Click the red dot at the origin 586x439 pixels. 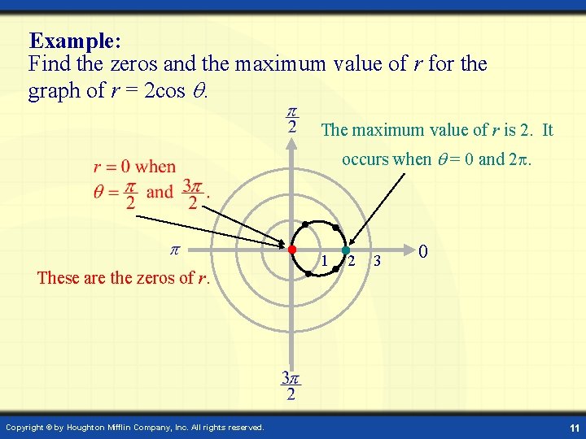point(292,249)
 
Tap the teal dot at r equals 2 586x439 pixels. point(345,250)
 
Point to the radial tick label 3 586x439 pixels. point(377,262)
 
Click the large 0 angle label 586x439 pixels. point(424,253)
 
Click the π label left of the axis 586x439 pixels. point(173,250)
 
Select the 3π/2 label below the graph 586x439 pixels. point(291,386)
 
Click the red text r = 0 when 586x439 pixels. point(134,167)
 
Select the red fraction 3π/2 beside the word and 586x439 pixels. point(191,193)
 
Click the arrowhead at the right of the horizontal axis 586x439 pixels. point(409,249)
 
